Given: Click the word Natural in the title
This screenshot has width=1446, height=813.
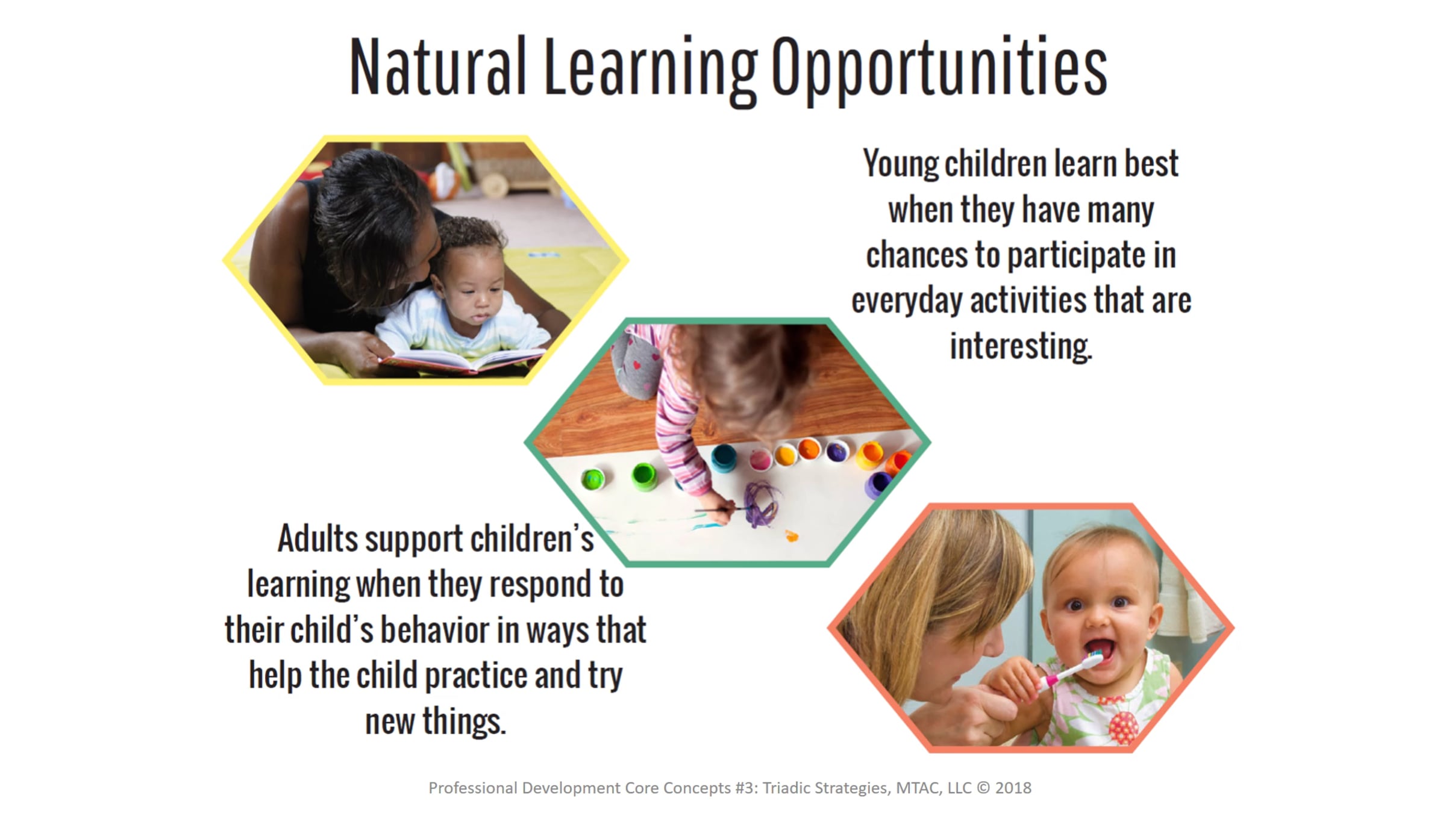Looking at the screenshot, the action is tap(438, 66).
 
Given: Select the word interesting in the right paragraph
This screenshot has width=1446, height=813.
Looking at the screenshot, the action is tap(1021, 347).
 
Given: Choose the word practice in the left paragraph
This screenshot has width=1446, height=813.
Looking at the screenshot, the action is tap(476, 676).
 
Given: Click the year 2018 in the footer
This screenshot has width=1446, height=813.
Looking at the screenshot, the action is tap(1013, 788).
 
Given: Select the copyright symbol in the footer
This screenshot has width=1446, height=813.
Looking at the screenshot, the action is tap(983, 788).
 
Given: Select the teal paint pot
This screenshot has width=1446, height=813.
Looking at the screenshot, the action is tap(723, 458).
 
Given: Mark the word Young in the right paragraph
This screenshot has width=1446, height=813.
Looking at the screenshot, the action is tap(900, 164).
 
